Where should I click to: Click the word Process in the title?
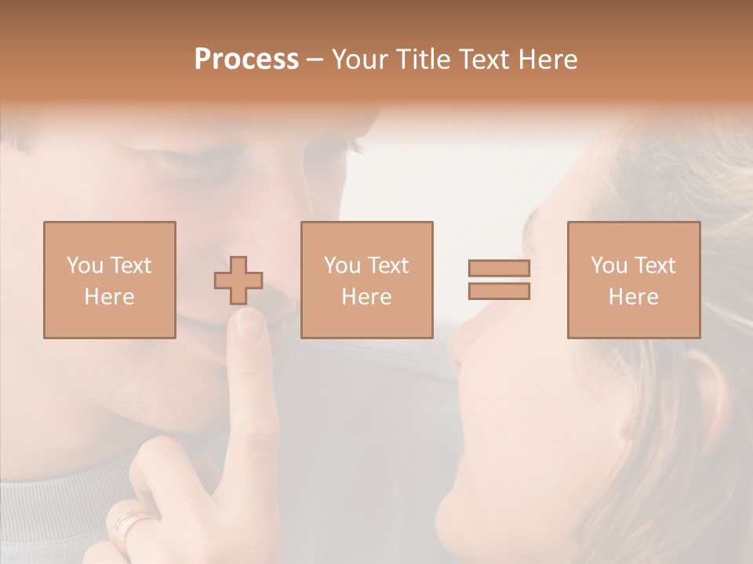pos(246,60)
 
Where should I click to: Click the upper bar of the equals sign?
pos(499,268)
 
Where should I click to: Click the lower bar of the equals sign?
pos(499,291)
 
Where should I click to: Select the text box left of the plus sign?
pos(109,280)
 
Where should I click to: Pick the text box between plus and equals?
pos(366,280)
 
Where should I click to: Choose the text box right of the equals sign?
pos(633,280)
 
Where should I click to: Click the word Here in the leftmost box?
pos(109,297)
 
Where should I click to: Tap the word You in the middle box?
pos(342,266)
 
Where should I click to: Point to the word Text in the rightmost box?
pos(656,266)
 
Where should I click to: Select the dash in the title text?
pos(315,60)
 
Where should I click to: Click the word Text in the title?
pos(487,60)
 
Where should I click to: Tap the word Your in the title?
pos(360,60)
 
